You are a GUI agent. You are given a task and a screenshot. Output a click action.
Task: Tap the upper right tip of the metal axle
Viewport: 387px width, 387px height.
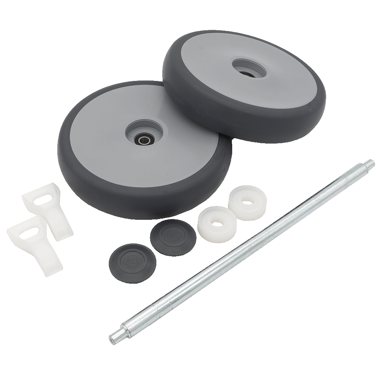coord(370,163)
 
